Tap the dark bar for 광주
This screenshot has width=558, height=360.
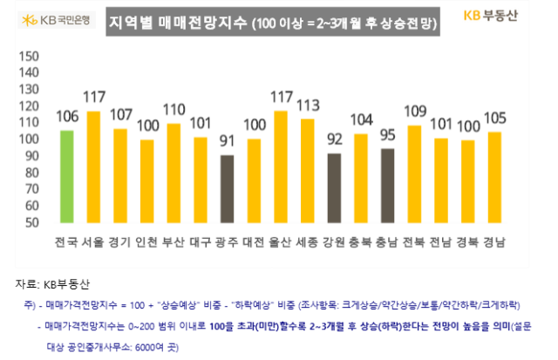(x=226, y=191)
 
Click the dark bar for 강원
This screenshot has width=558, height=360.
(x=333, y=190)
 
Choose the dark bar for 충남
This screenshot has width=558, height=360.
(x=387, y=187)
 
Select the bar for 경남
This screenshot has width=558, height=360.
(x=494, y=180)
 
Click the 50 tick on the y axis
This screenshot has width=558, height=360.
(x=31, y=223)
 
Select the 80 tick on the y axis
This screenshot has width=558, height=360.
(x=31, y=173)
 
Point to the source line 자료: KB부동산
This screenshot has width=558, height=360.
(x=58, y=284)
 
